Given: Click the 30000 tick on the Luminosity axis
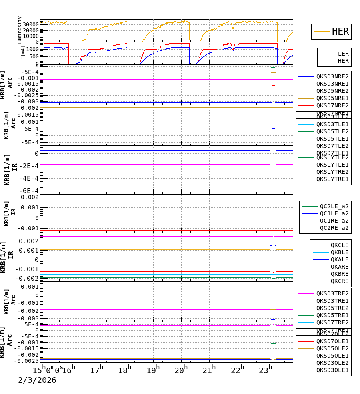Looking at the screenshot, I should (x=30, y=24).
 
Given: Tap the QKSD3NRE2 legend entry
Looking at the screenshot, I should (x=332, y=76).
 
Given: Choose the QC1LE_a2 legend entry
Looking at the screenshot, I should (x=334, y=213).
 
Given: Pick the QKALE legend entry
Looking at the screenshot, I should (x=339, y=259).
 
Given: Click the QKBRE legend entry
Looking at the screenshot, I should (x=339, y=274).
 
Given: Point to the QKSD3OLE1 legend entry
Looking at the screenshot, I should (x=332, y=370).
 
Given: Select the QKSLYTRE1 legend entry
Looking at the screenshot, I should (x=332, y=179).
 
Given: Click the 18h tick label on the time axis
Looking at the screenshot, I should (x=124, y=370).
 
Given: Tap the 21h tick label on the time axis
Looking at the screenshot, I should (x=208, y=370).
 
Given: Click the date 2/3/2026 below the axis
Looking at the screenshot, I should (x=37, y=380).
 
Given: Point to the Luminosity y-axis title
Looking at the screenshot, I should (x=20, y=30).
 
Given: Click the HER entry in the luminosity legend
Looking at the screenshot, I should (x=340, y=32).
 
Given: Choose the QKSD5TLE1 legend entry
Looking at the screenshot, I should (x=332, y=139).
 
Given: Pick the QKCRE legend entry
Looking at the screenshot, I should (x=339, y=281).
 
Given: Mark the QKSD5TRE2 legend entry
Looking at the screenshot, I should (x=332, y=308).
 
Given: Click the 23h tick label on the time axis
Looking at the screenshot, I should (x=265, y=370).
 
